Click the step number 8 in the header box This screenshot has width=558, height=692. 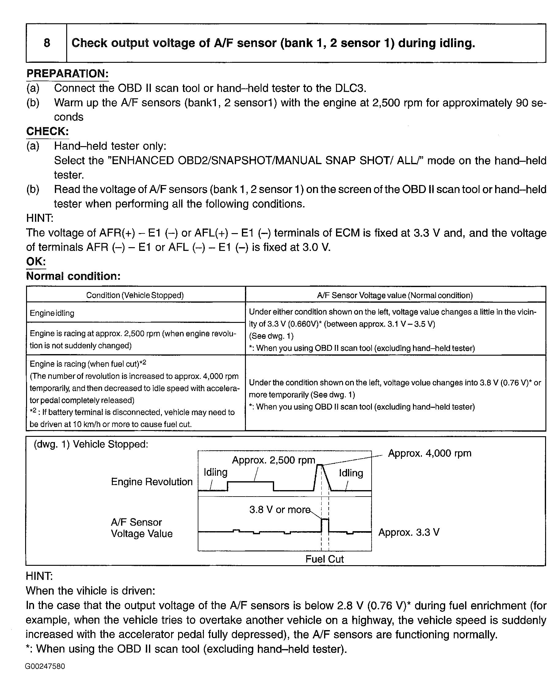tap(47, 43)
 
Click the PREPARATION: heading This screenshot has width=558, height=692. tap(67, 74)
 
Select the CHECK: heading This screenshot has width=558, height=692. tap(48, 131)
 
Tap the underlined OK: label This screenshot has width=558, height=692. tap(36, 261)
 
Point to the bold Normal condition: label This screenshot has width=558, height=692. tap(73, 276)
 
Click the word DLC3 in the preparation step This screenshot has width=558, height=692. tap(350, 88)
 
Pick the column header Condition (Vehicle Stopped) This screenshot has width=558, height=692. tap(135, 295)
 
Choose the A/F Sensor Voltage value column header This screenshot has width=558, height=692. tap(395, 295)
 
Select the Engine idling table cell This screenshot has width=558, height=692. tap(52, 313)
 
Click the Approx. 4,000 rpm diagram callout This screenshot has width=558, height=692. tap(430, 453)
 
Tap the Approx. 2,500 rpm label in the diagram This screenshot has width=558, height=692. tap(273, 460)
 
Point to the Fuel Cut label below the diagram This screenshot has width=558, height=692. tap(324, 559)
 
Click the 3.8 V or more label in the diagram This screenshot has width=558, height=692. tap(280, 510)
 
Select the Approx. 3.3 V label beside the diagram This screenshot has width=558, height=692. tap(408, 532)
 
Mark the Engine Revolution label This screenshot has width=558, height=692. tap(152, 482)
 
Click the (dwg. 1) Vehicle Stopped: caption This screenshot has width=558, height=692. tap(91, 444)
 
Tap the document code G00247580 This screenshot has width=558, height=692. tap(45, 666)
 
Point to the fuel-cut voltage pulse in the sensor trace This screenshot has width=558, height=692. tap(325, 524)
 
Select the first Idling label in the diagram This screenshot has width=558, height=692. tap(215, 472)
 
